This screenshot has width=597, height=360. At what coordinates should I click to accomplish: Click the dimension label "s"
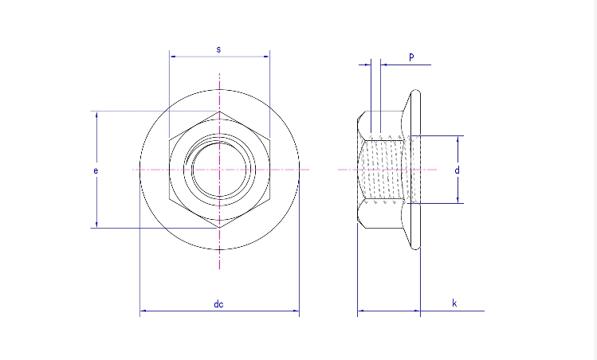219,49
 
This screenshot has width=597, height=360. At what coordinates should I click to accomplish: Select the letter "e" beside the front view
96,170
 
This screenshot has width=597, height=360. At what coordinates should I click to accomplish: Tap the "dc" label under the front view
218,303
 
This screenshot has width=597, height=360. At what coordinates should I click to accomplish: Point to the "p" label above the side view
411,57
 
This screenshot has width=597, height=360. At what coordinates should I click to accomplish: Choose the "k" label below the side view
454,303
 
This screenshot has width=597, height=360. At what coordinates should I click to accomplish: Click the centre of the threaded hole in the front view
219,170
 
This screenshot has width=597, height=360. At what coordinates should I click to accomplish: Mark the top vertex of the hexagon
219,112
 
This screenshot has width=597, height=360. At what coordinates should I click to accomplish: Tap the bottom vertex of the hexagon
219,228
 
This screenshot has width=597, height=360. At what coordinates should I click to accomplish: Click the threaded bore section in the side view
386,170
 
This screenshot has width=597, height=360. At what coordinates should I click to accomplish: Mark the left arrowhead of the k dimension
360,311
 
